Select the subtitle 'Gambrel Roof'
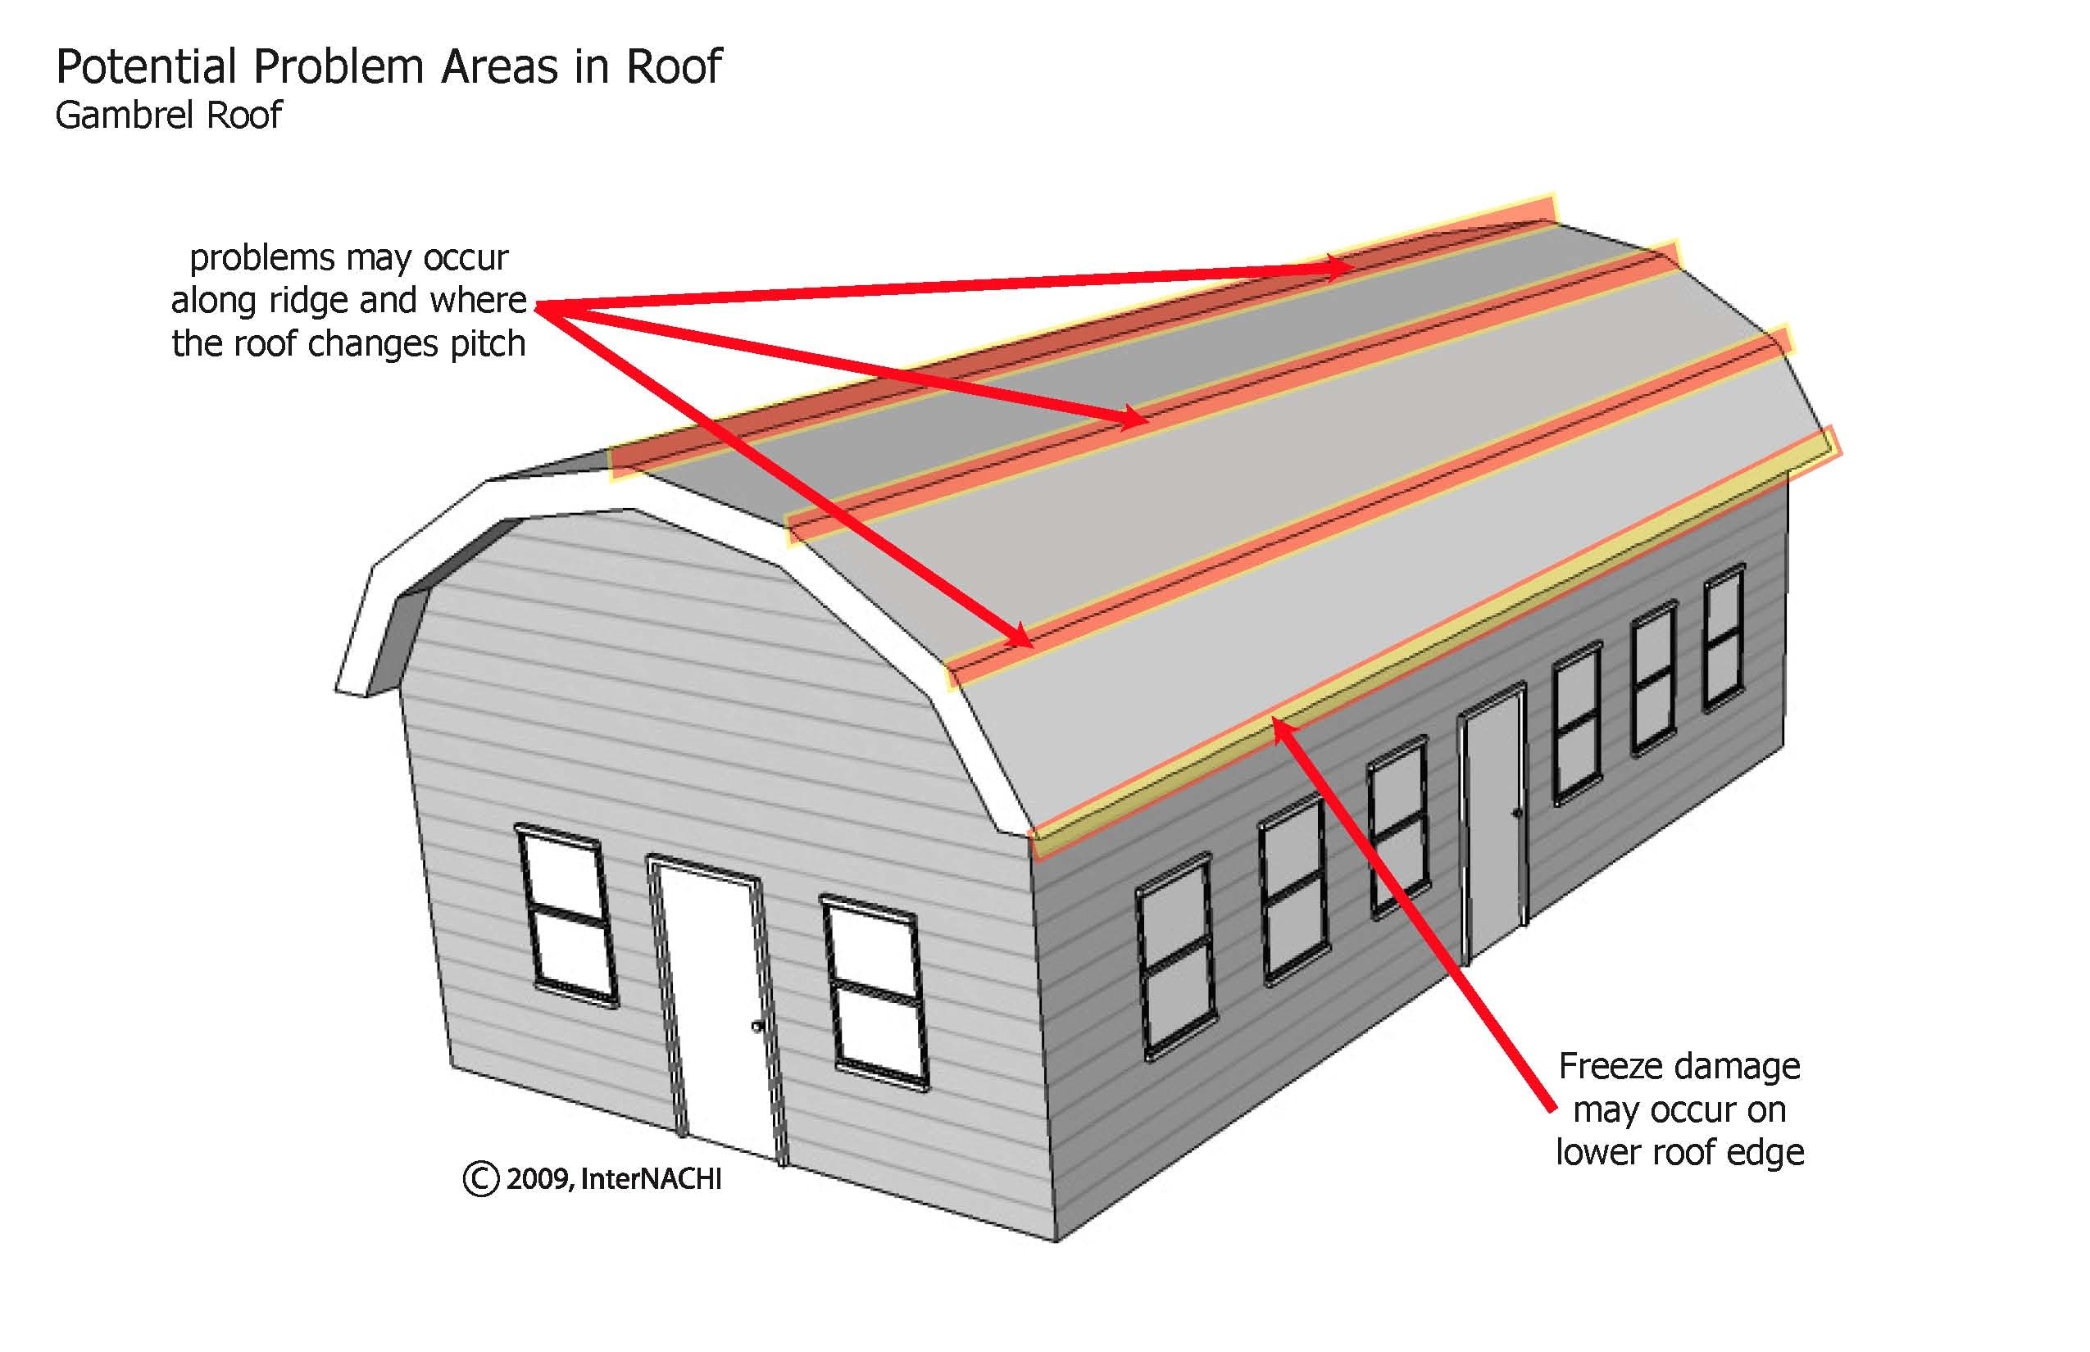coord(169,115)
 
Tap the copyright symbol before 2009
coord(480,1178)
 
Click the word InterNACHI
coord(651,1178)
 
